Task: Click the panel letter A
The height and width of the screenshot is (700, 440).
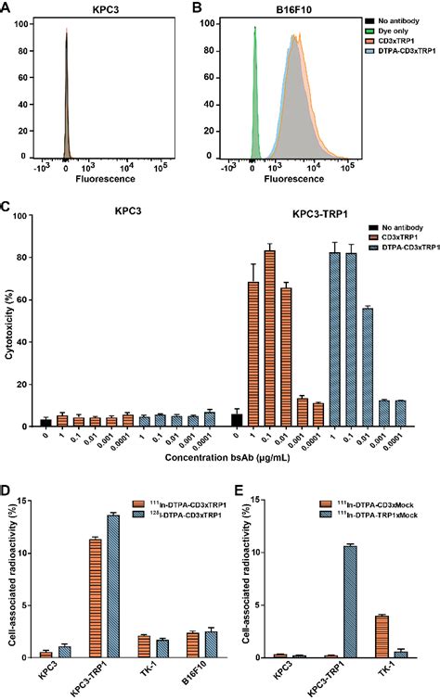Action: pyautogui.click(x=6, y=8)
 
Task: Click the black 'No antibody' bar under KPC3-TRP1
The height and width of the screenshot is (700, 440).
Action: pyautogui.click(x=237, y=420)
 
